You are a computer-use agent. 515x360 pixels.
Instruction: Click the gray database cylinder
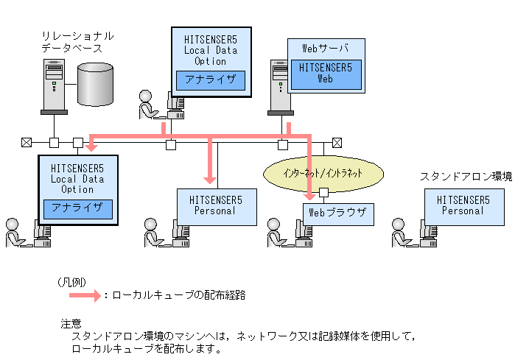click(96, 85)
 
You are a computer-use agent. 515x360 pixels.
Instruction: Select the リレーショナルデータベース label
click(78, 42)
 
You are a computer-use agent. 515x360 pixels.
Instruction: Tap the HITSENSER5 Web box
click(326, 74)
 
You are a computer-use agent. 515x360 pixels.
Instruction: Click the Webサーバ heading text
click(325, 49)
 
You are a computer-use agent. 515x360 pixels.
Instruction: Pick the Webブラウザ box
click(338, 214)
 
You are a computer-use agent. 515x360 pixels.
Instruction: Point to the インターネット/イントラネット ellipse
click(323, 173)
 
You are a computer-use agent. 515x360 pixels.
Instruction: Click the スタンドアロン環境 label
click(466, 177)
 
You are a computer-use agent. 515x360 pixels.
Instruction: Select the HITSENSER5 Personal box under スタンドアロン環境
click(464, 207)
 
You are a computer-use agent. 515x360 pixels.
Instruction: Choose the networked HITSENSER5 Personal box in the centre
click(217, 207)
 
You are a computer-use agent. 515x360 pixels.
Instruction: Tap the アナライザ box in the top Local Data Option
click(211, 80)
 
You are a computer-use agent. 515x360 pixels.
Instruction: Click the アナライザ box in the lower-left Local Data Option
click(78, 209)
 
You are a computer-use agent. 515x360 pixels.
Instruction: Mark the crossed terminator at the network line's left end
click(27, 143)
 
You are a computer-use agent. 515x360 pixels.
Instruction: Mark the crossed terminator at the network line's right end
click(337, 143)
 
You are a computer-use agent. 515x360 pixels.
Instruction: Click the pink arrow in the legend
click(85, 295)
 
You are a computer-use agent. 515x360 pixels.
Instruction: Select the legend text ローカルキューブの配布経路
click(179, 295)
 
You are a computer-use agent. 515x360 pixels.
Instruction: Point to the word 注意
click(71, 324)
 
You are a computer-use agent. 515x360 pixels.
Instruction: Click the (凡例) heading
click(71, 282)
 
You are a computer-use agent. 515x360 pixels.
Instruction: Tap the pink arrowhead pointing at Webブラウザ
click(309, 197)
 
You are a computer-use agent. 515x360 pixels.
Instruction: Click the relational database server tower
click(55, 87)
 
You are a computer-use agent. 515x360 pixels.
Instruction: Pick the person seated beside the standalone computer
click(401, 233)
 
